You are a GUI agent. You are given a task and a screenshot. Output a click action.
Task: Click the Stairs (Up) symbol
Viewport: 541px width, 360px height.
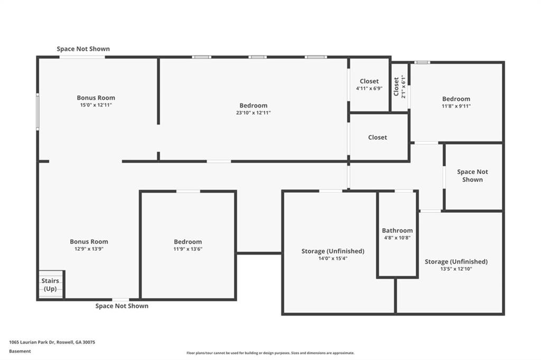[x=51, y=285]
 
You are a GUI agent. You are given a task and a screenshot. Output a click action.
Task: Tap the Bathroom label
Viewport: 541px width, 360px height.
[x=397, y=230]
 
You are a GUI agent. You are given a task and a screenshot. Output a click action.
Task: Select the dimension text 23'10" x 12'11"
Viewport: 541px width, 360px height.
[x=253, y=112]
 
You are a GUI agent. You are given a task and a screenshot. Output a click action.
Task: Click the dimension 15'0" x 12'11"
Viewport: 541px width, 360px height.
[x=96, y=105]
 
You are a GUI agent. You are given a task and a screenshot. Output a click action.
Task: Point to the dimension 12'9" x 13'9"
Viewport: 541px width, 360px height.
[x=89, y=249]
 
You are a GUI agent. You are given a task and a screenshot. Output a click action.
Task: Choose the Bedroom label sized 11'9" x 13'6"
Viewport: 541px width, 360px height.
[x=188, y=242]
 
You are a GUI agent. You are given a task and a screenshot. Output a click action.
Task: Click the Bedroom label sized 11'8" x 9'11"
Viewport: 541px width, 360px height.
[x=456, y=99]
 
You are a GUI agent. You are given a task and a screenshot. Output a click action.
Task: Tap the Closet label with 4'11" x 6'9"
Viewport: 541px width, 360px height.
[x=369, y=81]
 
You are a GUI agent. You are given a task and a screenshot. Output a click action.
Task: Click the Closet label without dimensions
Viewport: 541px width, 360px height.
[x=377, y=137]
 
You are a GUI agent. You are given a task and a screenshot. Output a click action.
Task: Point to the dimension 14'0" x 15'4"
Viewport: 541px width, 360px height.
[x=333, y=259]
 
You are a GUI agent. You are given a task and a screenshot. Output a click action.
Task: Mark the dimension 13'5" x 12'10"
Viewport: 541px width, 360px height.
[x=456, y=269]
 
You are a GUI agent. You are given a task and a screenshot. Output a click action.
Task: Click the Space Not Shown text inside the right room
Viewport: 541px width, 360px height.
[x=472, y=176]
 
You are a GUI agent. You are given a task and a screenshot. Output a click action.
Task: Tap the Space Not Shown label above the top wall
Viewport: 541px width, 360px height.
[x=83, y=49]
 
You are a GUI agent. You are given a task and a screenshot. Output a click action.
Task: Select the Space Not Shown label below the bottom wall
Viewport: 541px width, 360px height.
[x=122, y=306]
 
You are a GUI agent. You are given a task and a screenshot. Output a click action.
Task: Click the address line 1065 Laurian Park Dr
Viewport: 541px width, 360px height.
[x=52, y=342]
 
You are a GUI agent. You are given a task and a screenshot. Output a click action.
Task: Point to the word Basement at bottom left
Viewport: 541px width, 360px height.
[x=20, y=351]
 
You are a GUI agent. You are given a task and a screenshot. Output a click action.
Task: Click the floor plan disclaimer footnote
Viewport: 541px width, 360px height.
[x=270, y=353]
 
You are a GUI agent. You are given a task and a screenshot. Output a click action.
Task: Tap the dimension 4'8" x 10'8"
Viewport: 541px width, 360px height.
[x=397, y=238]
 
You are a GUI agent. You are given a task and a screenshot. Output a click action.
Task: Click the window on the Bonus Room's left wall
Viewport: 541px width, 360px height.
[x=38, y=111]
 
